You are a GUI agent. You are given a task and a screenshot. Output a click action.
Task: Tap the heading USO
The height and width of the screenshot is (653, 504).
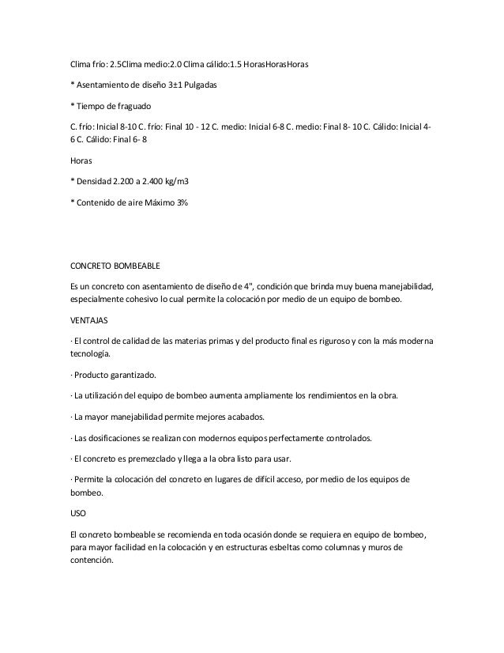pyautogui.click(x=78, y=512)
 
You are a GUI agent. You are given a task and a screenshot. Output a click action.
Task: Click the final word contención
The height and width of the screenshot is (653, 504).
pyautogui.click(x=92, y=563)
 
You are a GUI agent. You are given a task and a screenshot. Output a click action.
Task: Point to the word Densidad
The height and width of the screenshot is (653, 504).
pyautogui.click(x=96, y=181)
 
